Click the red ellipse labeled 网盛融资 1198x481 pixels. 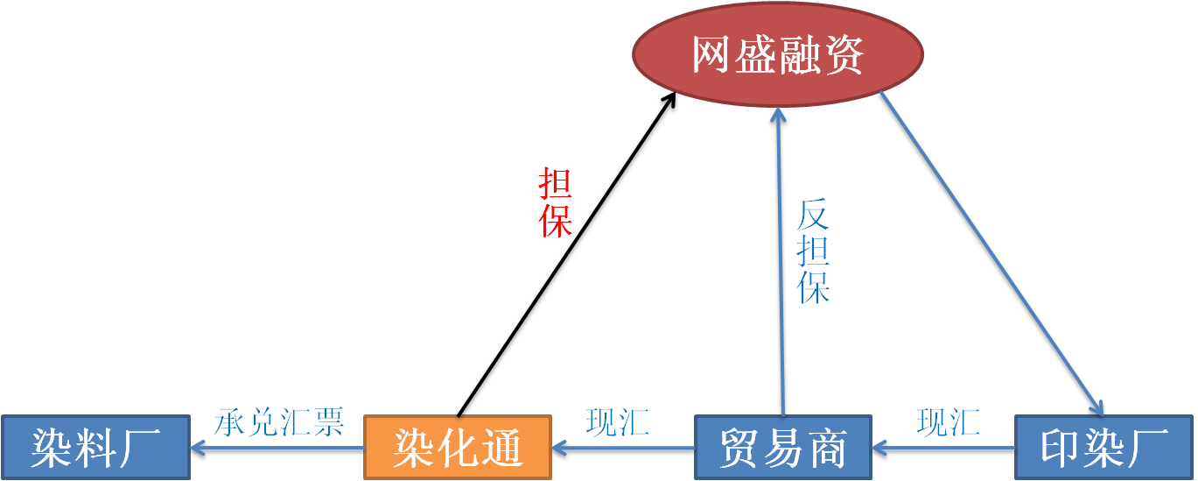point(778,54)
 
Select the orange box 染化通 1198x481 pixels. point(458,447)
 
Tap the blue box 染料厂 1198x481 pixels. point(96,447)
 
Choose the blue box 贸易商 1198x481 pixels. point(783,447)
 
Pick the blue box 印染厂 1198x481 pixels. point(1103,447)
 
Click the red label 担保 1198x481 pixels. point(555,202)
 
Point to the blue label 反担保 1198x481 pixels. point(813,251)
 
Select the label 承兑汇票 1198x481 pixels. point(278,422)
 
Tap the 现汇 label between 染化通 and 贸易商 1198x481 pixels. point(618,422)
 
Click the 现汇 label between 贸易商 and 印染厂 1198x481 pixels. point(949,422)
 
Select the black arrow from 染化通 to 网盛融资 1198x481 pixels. point(567,254)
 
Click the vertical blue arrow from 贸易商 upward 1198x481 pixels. point(781,261)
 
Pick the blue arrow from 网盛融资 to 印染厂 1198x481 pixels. point(992,254)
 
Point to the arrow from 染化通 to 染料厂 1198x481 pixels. point(277,448)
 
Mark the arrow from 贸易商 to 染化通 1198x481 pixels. point(623,448)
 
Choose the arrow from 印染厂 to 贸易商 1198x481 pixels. point(943,448)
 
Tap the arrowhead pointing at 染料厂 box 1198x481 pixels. point(198,448)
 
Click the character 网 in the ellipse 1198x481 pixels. point(711,54)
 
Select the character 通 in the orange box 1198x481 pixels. point(501,448)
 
